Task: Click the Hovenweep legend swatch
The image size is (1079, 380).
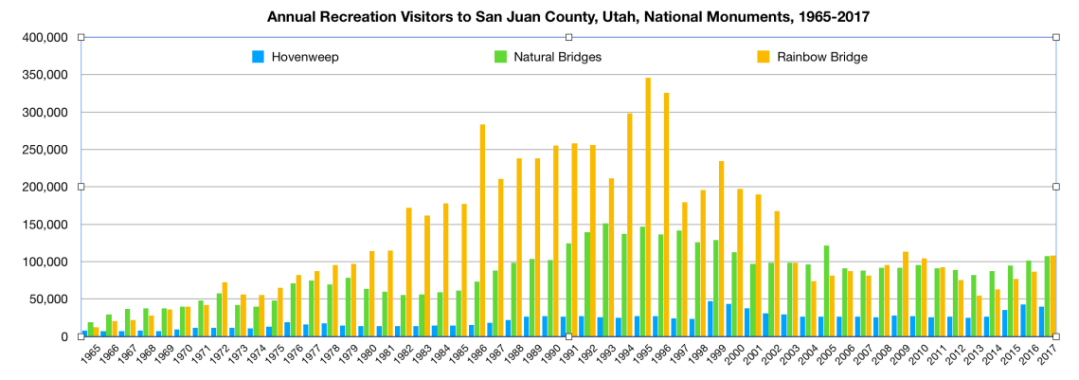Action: (x=258, y=57)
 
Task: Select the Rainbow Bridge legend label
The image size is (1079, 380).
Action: (x=822, y=57)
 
